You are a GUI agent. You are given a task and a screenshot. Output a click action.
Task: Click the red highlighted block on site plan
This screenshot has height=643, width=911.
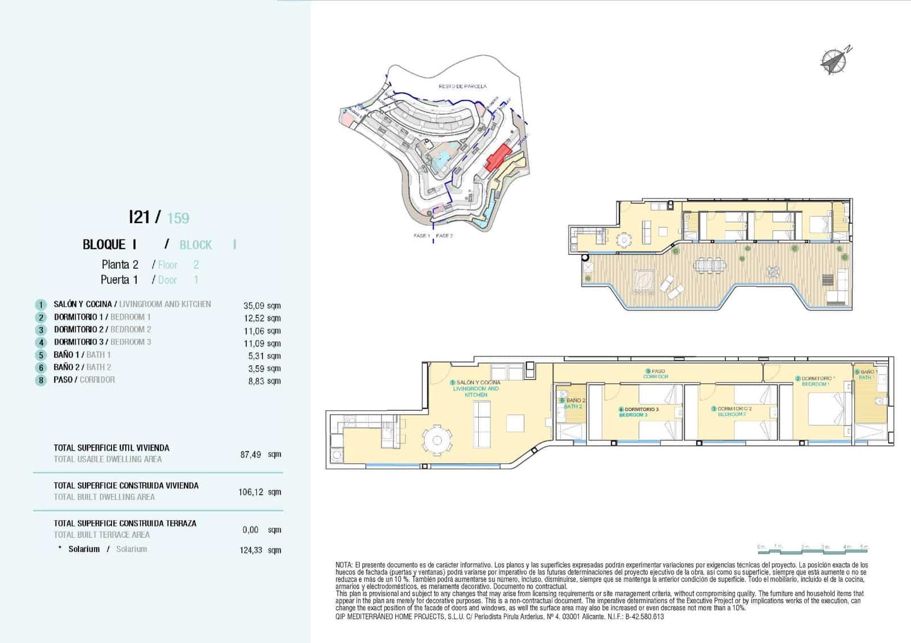click(497, 157)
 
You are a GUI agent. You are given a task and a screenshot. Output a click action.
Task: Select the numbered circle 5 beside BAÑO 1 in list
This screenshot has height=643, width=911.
click(41, 355)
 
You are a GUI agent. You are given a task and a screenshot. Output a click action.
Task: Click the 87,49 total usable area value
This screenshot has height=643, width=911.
click(251, 454)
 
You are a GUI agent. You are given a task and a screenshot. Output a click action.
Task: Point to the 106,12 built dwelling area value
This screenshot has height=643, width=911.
click(251, 492)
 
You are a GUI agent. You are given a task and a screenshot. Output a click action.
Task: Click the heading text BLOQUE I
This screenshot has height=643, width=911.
click(109, 245)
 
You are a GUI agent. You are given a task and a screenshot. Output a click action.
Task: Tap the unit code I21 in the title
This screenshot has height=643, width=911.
click(139, 217)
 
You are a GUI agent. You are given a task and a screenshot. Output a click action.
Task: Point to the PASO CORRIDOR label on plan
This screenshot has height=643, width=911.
click(656, 374)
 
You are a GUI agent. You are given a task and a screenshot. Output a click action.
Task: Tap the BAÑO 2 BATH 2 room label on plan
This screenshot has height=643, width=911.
click(574, 403)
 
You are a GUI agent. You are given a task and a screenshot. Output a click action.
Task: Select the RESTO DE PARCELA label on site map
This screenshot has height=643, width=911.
click(462, 86)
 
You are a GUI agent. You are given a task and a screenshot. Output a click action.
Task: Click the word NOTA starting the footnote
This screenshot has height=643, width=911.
click(344, 565)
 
